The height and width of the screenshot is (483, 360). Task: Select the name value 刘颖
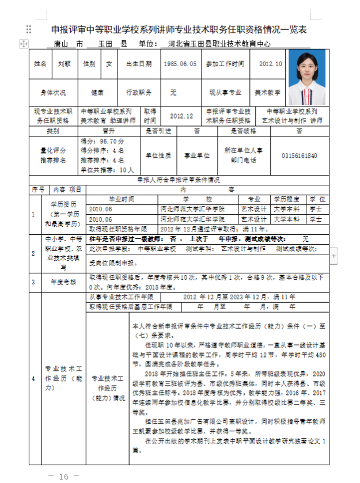click(64, 64)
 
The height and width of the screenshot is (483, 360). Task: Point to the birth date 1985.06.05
click(180, 64)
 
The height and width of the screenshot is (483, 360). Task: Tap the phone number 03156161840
click(300, 155)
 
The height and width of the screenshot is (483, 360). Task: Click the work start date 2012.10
click(271, 64)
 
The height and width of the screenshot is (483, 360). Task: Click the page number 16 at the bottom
click(63, 476)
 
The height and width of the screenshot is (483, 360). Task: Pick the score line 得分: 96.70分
click(103, 141)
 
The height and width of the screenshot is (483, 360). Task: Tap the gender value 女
click(109, 64)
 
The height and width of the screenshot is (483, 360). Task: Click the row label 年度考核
click(63, 282)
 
